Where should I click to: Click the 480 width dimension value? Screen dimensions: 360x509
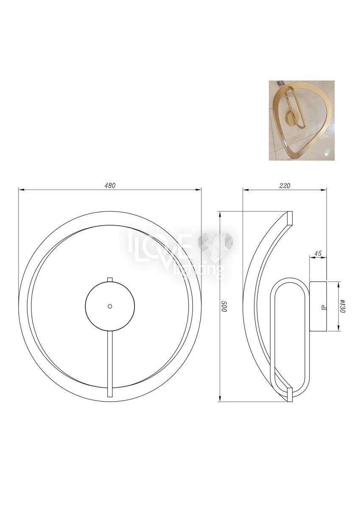110,185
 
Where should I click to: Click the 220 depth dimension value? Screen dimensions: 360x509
285,185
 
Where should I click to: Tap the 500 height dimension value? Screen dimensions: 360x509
224,307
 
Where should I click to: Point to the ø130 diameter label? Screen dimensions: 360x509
343,306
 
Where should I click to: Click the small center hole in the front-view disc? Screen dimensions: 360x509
110,307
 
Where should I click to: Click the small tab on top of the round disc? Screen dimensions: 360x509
110,280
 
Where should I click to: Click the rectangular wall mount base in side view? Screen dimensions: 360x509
318,306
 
